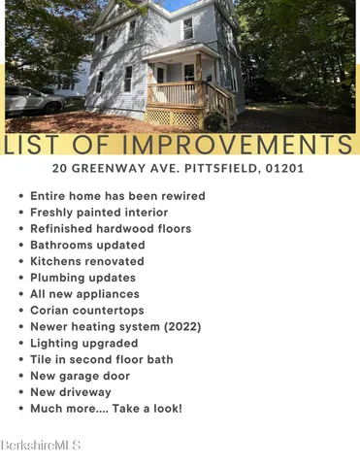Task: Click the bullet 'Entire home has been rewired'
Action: click(117, 196)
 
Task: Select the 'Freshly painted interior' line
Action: click(99, 213)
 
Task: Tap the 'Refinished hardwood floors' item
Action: click(111, 229)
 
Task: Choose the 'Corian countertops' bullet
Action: click(86, 311)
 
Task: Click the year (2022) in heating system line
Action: click(181, 327)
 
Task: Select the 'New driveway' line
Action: click(71, 392)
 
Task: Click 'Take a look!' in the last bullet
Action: click(147, 409)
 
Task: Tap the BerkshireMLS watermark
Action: click(41, 445)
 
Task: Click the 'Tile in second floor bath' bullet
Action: click(102, 359)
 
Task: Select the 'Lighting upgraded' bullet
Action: click(84, 343)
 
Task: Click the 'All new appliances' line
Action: click(84, 294)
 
